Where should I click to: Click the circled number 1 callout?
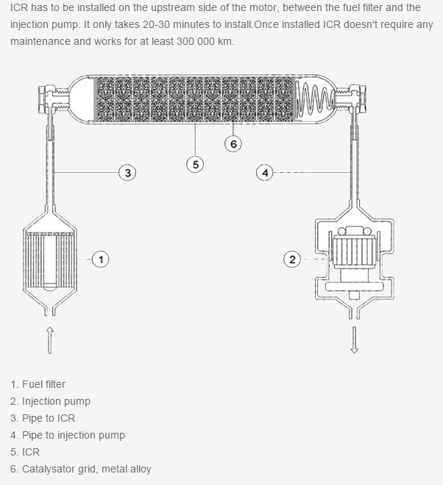click(101, 258)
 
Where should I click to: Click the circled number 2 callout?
click(293, 258)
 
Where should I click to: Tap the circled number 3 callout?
click(128, 173)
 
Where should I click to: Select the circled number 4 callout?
click(264, 173)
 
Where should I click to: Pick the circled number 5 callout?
click(195, 164)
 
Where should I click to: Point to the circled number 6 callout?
click(233, 144)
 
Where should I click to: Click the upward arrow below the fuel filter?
click(50, 340)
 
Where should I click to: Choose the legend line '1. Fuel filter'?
click(38, 384)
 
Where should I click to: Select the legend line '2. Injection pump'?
click(51, 401)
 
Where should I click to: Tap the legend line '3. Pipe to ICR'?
click(43, 418)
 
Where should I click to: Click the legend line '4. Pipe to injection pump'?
click(68, 435)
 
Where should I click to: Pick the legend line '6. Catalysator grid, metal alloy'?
click(81, 469)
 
